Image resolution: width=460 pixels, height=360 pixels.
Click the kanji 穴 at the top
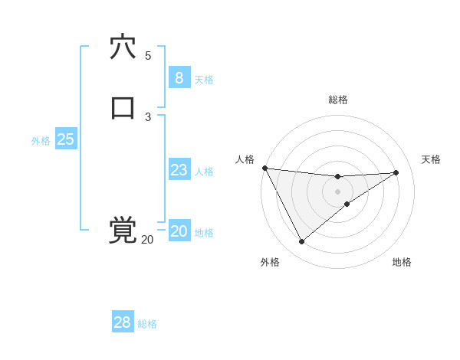click(x=123, y=47)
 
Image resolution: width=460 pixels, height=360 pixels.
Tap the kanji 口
click(x=123, y=108)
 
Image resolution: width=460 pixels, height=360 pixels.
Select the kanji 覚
click(x=123, y=230)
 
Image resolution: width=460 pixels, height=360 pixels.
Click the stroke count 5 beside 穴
click(x=148, y=56)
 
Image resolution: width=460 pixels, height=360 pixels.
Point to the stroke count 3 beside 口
click(x=148, y=116)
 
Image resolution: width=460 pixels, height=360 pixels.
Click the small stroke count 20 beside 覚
click(x=147, y=240)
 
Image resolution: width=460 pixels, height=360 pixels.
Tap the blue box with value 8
click(x=179, y=78)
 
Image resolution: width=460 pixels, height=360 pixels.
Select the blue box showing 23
click(x=179, y=170)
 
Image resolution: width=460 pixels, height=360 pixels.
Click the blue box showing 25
click(x=65, y=139)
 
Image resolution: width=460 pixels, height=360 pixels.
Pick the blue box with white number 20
click(x=179, y=231)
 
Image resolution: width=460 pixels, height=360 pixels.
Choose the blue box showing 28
click(x=122, y=322)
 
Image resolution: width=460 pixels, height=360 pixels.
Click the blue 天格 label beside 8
click(x=204, y=80)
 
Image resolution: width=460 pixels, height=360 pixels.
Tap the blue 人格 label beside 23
click(x=204, y=172)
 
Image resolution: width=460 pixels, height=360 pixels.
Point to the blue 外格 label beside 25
click(x=41, y=141)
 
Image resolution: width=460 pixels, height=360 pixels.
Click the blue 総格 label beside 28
click(x=147, y=324)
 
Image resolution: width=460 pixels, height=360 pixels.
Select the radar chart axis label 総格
click(x=338, y=100)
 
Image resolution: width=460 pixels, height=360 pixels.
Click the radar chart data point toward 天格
click(x=396, y=172)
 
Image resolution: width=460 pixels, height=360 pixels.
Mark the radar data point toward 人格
click(x=264, y=168)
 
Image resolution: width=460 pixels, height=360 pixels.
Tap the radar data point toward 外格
click(x=301, y=242)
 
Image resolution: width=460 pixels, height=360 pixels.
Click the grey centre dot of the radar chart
click(x=338, y=191)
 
